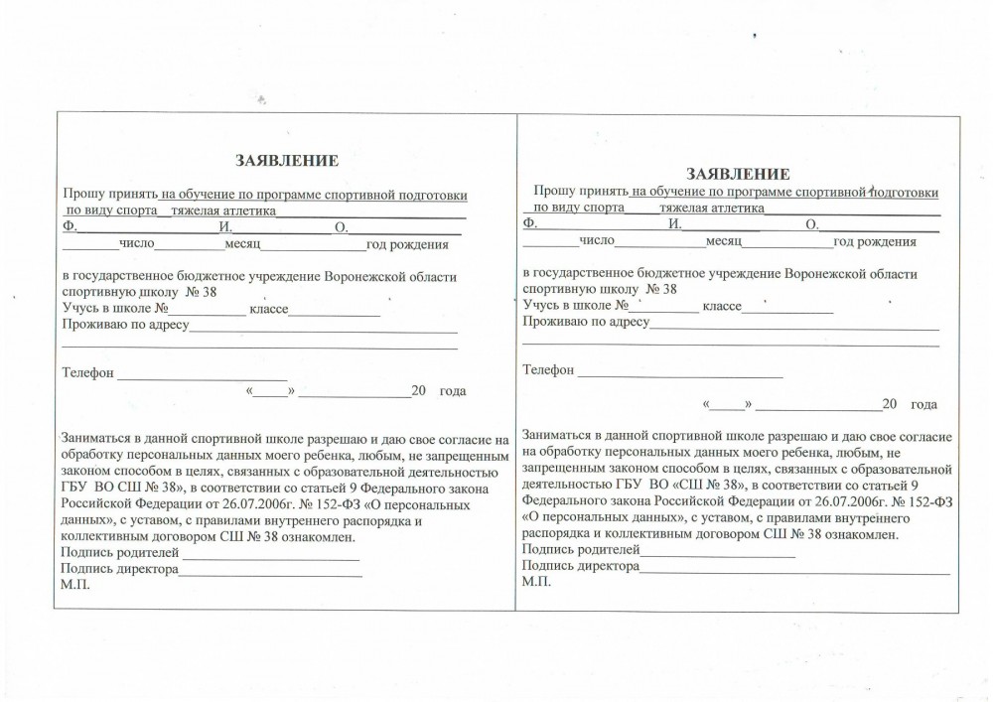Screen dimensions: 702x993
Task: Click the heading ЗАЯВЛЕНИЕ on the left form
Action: [287, 160]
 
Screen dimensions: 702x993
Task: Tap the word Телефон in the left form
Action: [89, 374]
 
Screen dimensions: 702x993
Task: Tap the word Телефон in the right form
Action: [548, 370]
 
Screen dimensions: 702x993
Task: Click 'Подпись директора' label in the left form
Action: [120, 569]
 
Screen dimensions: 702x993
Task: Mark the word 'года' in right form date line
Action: [923, 404]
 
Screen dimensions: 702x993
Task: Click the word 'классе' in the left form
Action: [268, 310]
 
